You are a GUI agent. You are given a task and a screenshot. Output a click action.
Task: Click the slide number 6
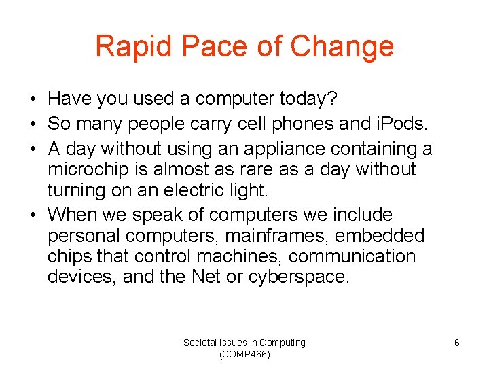[456, 343]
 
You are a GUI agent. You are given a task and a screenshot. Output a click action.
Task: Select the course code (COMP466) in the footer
[244, 355]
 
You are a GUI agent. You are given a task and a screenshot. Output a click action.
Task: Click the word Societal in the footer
[200, 343]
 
